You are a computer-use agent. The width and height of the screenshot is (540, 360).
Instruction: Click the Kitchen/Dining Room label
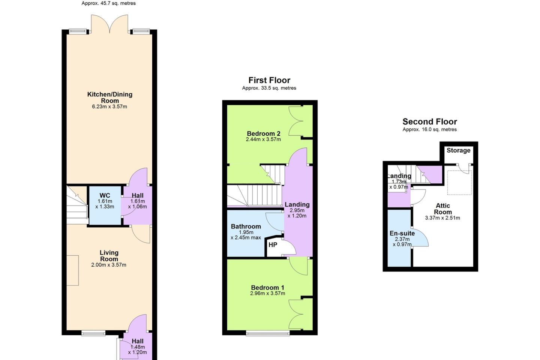pyautogui.click(x=109, y=97)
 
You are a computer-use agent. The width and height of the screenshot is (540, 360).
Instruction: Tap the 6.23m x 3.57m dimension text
pyautogui.click(x=109, y=106)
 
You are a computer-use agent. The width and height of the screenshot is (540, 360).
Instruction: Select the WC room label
pyautogui.click(x=105, y=195)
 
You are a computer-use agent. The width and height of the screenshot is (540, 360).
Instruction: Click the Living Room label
pyautogui.click(x=109, y=256)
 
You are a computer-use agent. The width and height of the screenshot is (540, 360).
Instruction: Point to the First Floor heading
pyautogui.click(x=269, y=80)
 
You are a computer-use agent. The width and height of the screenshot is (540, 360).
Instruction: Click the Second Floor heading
pyautogui.click(x=430, y=121)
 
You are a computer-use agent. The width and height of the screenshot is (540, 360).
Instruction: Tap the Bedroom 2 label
pyautogui.click(x=264, y=133)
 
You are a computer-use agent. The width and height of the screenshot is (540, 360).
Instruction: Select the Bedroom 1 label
pyautogui.click(x=268, y=288)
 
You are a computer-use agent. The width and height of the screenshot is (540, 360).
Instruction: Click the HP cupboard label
pyautogui.click(x=273, y=245)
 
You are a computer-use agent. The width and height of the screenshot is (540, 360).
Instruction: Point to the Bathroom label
pyautogui.click(x=246, y=226)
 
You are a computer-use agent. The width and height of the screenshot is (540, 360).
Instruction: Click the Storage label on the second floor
pyautogui.click(x=458, y=150)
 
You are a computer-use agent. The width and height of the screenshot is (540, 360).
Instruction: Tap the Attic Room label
pyautogui.click(x=442, y=209)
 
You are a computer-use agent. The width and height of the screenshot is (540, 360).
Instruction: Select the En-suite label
pyautogui.click(x=402, y=233)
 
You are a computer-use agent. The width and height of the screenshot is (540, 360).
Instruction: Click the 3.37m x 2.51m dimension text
pyautogui.click(x=442, y=218)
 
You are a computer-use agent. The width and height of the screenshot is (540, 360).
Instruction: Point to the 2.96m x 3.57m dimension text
pyautogui.click(x=268, y=294)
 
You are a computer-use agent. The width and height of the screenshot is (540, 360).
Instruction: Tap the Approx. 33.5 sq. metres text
pyautogui.click(x=269, y=88)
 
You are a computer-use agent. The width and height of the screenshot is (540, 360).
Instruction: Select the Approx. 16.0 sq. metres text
pyautogui.click(x=430, y=129)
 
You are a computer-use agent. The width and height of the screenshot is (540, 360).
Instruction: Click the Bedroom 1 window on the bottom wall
pyautogui.click(x=268, y=333)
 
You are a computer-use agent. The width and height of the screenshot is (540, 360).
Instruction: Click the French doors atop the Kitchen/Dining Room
pyautogui.click(x=109, y=24)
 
